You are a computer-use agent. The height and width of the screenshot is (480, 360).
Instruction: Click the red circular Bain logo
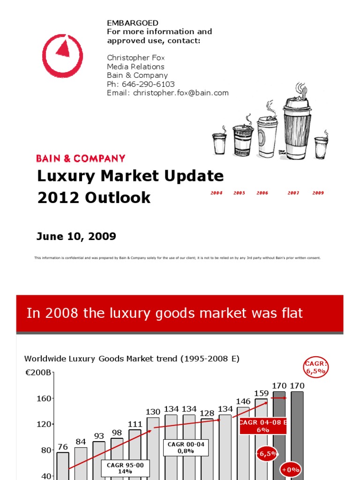click(62, 55)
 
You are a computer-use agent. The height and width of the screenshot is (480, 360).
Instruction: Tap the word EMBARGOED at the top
click(133, 23)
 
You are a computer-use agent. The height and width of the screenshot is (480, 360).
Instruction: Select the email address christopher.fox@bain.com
click(180, 93)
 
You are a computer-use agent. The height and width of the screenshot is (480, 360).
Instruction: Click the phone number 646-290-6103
click(148, 84)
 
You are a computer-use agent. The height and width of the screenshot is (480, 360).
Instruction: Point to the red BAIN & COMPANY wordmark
click(81, 158)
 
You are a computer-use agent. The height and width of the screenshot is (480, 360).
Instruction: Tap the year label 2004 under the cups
click(217, 193)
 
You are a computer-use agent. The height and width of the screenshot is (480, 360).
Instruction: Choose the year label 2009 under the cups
click(318, 193)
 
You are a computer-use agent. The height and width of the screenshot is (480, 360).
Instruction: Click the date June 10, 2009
click(76, 236)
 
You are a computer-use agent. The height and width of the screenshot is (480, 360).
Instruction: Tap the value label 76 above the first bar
click(63, 447)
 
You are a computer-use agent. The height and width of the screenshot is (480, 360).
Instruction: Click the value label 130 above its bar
click(153, 412)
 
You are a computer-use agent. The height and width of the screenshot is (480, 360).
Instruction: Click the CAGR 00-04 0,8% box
click(186, 447)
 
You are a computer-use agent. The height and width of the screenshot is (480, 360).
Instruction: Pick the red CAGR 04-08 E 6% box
click(262, 426)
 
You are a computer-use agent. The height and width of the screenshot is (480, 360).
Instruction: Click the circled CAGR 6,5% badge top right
click(316, 366)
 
